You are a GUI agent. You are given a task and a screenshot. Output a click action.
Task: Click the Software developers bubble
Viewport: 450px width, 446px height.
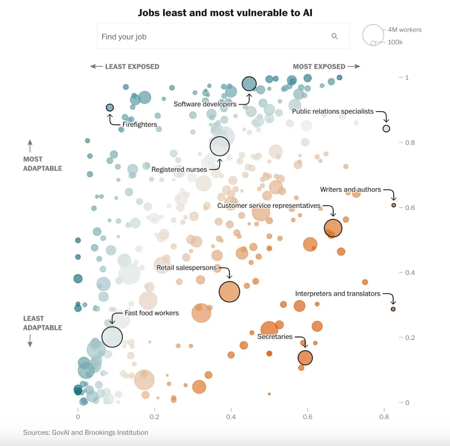click(249, 84)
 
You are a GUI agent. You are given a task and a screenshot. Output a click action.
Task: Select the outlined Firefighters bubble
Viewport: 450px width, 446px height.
click(110, 107)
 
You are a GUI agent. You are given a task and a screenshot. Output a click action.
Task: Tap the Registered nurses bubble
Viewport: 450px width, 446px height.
click(219, 146)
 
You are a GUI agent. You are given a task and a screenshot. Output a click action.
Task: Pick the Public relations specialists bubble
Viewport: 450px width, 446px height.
click(386, 128)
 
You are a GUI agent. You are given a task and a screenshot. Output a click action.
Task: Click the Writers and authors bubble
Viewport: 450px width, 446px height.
click(394, 205)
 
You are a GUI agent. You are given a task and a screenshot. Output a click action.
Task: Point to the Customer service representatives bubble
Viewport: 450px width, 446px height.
click(333, 228)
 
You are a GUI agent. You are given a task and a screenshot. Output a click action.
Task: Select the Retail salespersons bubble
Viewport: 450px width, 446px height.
click(229, 292)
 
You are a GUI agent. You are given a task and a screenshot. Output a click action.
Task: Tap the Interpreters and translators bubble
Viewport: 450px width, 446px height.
click(393, 309)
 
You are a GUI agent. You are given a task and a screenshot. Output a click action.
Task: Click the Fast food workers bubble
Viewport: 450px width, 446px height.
click(112, 337)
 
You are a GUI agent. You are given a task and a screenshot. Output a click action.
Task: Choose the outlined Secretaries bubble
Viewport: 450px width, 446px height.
click(305, 358)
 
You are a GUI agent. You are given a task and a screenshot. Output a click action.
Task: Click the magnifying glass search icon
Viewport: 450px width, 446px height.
click(334, 36)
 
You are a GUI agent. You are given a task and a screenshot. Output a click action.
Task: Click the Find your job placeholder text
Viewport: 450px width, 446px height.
click(124, 37)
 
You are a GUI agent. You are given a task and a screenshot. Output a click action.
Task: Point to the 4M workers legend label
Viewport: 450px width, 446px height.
click(405, 30)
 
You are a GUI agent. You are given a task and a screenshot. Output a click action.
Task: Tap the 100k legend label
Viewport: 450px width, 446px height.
click(395, 42)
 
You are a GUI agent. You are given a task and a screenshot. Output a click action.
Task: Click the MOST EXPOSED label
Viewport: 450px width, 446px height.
click(319, 67)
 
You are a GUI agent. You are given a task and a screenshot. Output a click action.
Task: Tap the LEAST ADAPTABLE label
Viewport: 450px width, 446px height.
click(42, 323)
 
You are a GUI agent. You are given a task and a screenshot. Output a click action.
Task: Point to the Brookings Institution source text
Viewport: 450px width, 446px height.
click(116, 433)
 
